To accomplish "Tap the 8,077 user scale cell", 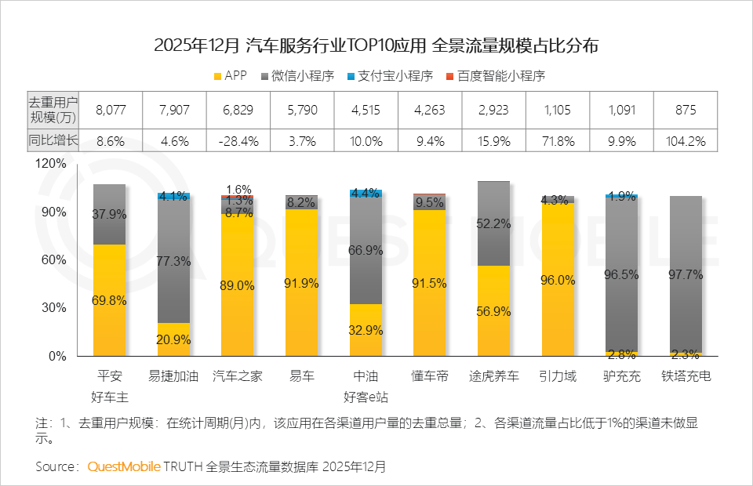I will tap(109, 110).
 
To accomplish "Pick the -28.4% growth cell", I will tap(238, 141).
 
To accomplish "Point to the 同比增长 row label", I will tap(53, 141).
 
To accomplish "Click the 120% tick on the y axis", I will tap(51, 164).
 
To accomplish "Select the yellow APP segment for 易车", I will tap(302, 282).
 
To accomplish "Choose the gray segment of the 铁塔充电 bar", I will tap(686, 274).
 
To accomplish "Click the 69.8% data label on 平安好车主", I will tap(109, 300).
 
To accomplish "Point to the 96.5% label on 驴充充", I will tap(621, 275).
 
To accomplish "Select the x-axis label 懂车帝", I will tap(430, 376).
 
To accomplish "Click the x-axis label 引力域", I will tap(558, 376).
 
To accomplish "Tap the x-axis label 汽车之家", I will tap(238, 376).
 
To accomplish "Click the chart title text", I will tap(376, 45).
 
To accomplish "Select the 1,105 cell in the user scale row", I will tap(558, 110).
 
